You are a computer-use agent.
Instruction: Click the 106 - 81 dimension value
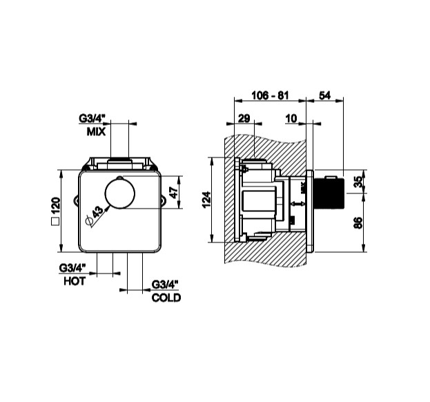(270, 95)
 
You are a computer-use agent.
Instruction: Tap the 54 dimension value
(324, 95)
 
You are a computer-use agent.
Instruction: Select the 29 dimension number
(244, 118)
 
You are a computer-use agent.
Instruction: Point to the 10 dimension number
(291, 118)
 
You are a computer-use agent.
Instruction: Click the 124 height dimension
(207, 200)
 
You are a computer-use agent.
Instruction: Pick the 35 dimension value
(358, 182)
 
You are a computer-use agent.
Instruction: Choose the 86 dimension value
(358, 223)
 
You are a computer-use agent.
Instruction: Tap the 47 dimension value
(174, 192)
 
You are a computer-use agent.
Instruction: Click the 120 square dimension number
(56, 206)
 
